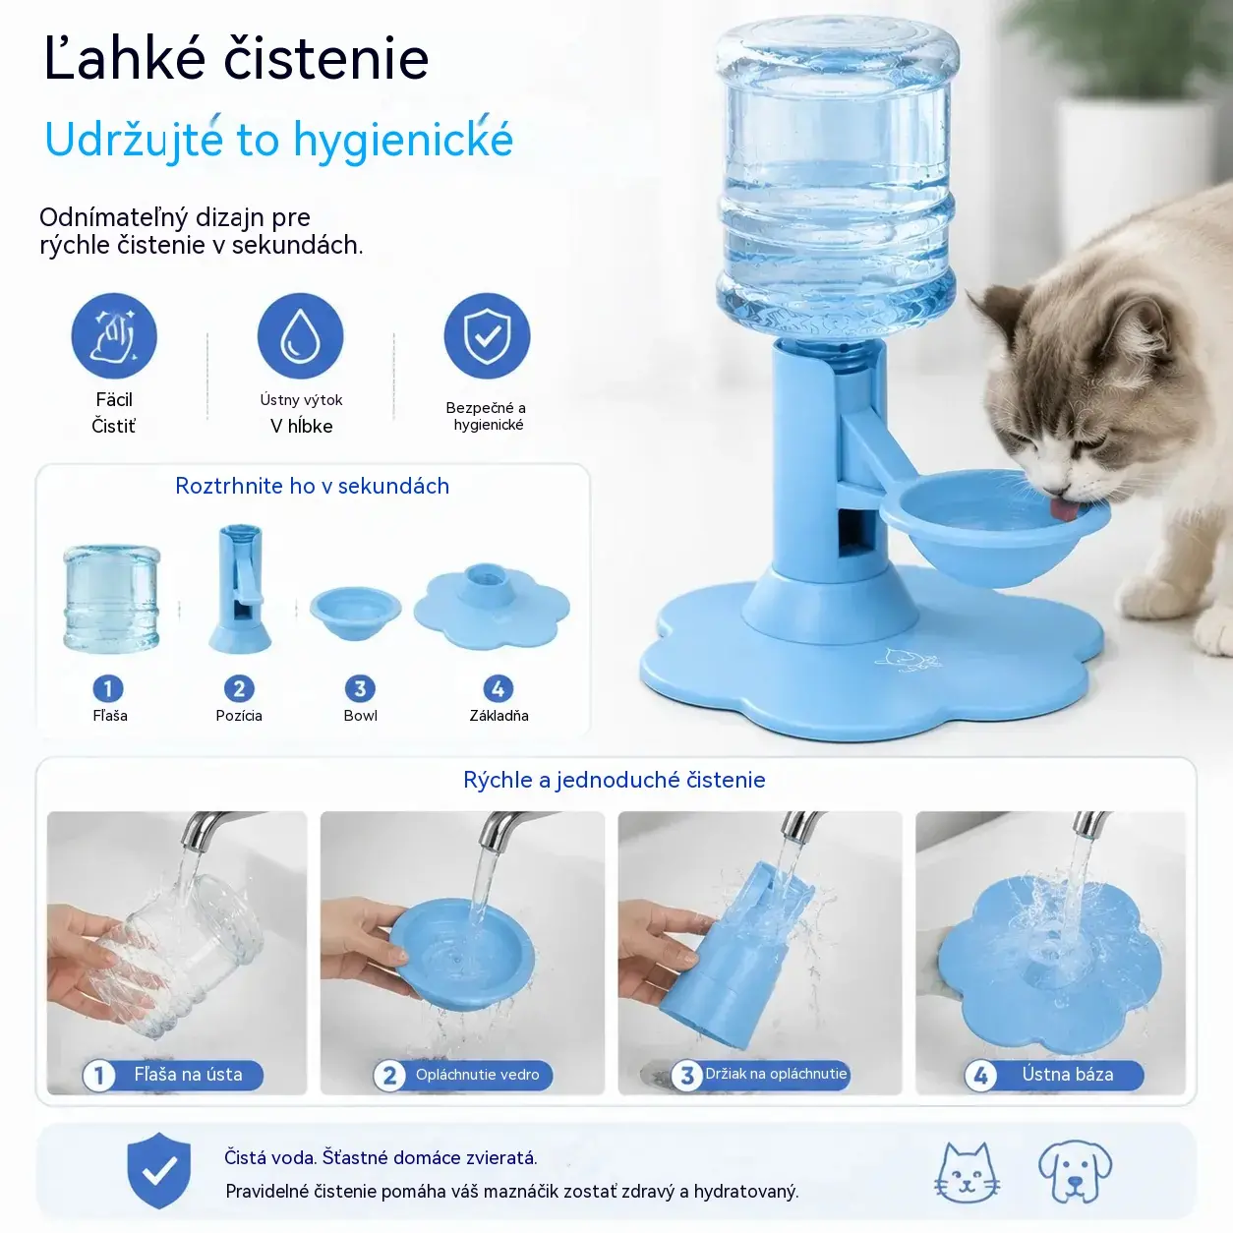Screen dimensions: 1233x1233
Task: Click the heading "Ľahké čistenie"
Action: point(236,58)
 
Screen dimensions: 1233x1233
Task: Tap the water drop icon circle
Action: point(300,336)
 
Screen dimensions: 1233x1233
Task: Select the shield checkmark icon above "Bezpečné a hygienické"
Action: point(487,336)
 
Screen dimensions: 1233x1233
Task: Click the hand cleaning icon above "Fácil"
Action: point(114,336)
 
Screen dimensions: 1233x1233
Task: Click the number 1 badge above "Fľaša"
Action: point(107,688)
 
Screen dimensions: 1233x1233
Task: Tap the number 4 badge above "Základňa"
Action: point(498,688)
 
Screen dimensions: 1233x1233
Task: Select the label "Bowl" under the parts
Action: point(360,716)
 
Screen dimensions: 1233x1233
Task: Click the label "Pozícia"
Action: point(239,716)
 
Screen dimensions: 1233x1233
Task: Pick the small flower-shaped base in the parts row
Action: point(492,607)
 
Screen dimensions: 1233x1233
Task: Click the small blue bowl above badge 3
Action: point(356,613)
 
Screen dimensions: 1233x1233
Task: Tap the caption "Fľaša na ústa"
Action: point(188,1075)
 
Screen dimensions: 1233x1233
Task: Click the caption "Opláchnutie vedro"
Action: point(477,1075)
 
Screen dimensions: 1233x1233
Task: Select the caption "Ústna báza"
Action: point(1067,1075)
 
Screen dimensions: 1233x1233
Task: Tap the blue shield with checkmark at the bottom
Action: point(158,1170)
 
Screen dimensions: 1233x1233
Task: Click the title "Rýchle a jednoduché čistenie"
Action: point(615,780)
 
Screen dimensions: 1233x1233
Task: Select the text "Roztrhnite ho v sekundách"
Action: point(313,486)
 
